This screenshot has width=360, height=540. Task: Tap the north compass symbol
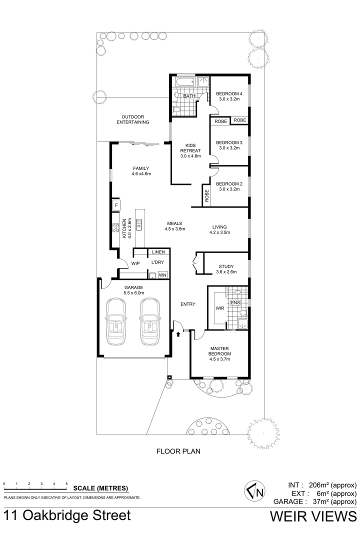pos(253,492)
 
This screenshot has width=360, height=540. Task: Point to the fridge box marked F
pos(116,205)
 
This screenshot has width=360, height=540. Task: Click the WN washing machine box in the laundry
pos(162,275)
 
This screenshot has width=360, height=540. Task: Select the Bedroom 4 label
pos(229,93)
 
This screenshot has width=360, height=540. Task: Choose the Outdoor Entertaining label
pos(133,119)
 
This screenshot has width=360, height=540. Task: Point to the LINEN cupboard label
pos(158,252)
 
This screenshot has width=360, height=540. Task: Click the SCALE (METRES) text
pos(100,488)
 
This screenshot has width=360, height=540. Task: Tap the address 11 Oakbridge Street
pos(67,516)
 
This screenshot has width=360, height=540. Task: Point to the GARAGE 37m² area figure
pos(315,501)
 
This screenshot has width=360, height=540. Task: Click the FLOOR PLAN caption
pos(178,451)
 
